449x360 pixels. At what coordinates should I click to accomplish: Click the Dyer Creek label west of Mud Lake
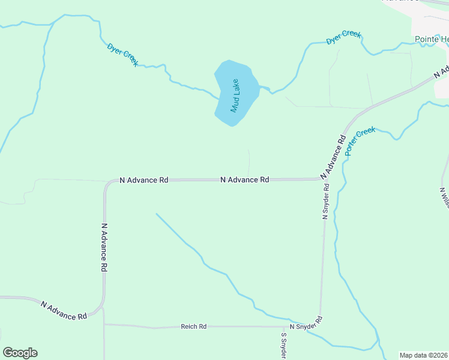coord(123,54)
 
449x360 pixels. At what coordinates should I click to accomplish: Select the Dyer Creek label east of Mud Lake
coord(343,37)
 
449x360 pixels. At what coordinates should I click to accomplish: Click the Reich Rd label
coord(193,326)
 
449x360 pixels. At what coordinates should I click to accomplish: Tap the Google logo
coord(20,353)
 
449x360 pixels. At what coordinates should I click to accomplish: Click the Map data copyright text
coord(424,355)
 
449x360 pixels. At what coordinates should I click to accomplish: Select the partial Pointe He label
coord(432,40)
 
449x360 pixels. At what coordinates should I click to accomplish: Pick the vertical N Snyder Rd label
coord(325,202)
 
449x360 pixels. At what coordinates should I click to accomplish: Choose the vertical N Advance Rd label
coord(104,248)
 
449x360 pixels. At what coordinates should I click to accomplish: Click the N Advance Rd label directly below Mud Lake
coord(244,179)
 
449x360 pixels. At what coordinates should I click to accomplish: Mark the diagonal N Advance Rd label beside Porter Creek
coord(334,156)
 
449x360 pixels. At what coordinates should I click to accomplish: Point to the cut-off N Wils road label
coord(444,198)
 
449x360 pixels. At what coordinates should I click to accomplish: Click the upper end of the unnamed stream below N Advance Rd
coord(156,214)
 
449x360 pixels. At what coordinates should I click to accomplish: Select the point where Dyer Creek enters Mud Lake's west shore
coord(218,97)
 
